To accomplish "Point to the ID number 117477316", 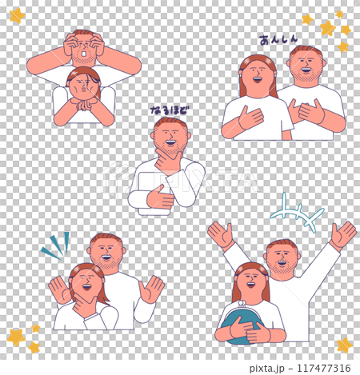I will (322, 367).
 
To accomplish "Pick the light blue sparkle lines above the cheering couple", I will (296, 212).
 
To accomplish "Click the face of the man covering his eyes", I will (83, 53).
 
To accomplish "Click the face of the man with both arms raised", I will (282, 259).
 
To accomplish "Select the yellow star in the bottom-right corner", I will (344, 345).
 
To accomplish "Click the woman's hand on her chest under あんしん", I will (250, 118).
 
